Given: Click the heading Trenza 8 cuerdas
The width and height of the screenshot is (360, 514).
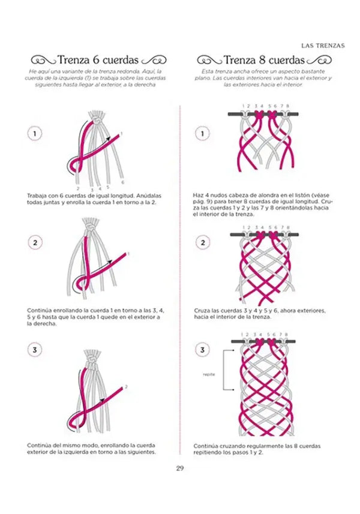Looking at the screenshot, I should (x=264, y=60).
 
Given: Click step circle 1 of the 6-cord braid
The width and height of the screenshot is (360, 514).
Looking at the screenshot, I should (x=35, y=134).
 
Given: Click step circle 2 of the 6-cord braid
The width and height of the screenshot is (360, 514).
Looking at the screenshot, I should (x=35, y=242).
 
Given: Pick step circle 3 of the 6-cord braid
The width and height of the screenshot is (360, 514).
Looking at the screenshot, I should (x=35, y=350).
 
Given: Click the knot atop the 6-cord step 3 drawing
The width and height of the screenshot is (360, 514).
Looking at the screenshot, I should (x=92, y=361).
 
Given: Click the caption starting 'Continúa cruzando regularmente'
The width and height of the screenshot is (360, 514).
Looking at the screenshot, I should (x=257, y=449).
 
